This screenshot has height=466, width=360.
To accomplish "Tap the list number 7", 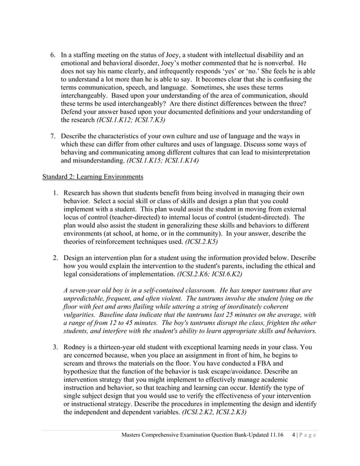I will tap(52, 137).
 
